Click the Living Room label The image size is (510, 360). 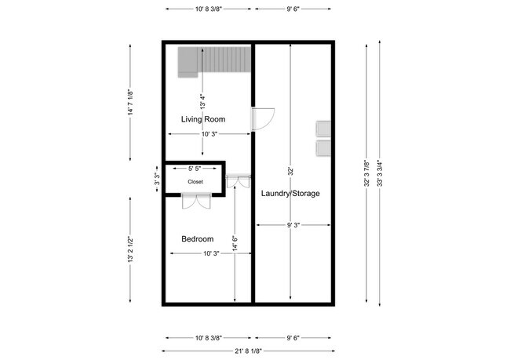point(203,120)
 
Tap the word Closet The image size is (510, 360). point(195,182)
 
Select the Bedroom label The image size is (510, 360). point(197,239)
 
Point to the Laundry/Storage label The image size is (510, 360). point(290,193)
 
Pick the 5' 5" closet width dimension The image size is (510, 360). point(195,169)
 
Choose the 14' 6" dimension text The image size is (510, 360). point(235,244)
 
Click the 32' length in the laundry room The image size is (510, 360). point(290,171)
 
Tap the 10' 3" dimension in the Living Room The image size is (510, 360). point(208,134)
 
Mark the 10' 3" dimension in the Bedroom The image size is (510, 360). point(208,253)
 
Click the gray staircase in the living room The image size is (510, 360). point(213,60)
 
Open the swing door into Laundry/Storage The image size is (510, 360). point(262,118)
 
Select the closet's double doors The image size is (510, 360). point(196,202)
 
